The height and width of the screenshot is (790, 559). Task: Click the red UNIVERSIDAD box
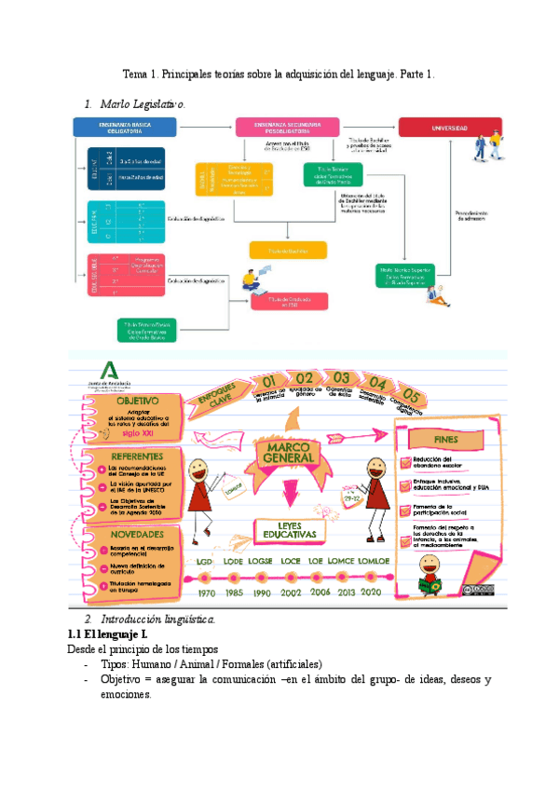tap(450, 127)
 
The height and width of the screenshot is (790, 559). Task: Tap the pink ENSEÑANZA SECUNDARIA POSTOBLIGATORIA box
tap(286, 127)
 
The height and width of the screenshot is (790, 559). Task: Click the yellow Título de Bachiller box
tap(288, 250)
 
